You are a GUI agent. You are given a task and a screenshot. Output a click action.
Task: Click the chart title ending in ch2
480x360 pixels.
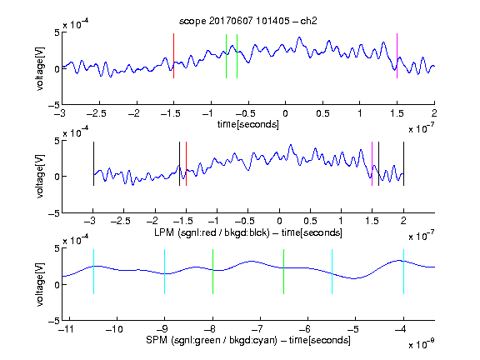click(x=248, y=21)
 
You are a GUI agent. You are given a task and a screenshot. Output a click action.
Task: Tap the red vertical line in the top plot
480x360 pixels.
click(x=173, y=56)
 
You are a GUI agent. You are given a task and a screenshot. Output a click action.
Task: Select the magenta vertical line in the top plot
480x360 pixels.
click(x=397, y=56)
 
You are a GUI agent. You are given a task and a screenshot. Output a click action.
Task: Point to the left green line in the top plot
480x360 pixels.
click(x=226, y=56)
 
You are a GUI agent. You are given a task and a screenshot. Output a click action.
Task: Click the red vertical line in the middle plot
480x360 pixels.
click(x=186, y=163)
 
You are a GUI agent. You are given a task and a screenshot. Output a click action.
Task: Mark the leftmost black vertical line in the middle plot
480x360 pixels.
click(x=93, y=163)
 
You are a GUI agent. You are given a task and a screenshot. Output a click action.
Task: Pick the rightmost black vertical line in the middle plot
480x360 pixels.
click(x=403, y=163)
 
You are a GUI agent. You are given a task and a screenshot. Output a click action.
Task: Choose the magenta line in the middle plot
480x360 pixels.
click(x=372, y=163)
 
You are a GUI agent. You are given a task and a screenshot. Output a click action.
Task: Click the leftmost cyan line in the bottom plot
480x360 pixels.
click(x=93, y=272)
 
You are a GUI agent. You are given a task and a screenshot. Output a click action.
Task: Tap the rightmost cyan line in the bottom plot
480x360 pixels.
click(x=403, y=272)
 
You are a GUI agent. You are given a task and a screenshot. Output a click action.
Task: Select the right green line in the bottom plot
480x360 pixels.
click(x=284, y=272)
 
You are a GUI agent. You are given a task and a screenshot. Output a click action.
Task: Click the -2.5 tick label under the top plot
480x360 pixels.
click(x=96, y=113)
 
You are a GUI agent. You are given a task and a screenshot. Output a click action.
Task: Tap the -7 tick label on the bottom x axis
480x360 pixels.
click(x=257, y=329)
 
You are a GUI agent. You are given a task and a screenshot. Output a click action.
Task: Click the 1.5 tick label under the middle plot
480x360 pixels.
click(x=372, y=221)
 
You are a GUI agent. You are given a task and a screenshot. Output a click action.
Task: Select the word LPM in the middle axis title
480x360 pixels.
click(x=164, y=232)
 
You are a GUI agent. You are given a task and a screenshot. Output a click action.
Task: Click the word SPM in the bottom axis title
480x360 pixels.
click(x=157, y=340)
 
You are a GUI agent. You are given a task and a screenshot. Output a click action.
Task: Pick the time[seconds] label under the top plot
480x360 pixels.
click(x=248, y=124)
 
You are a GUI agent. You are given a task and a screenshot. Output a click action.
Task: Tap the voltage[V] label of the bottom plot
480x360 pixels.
click(x=40, y=284)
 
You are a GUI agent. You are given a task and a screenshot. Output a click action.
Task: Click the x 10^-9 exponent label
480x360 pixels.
click(x=421, y=344)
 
